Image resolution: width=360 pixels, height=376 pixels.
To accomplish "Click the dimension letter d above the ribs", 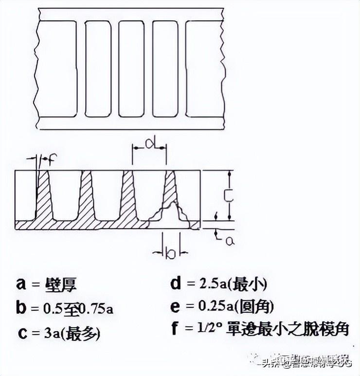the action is (x=150, y=143).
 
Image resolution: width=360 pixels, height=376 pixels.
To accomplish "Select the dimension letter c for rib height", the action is (x=227, y=195).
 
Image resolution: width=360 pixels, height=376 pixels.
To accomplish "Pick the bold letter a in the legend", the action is (x=20, y=284).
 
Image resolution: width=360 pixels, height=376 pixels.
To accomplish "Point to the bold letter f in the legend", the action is (x=174, y=329).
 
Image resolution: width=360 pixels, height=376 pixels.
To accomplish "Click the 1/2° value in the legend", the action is (x=213, y=330).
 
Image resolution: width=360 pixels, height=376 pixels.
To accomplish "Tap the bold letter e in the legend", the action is (x=175, y=307).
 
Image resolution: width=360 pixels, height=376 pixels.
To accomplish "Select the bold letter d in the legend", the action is (x=175, y=283).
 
